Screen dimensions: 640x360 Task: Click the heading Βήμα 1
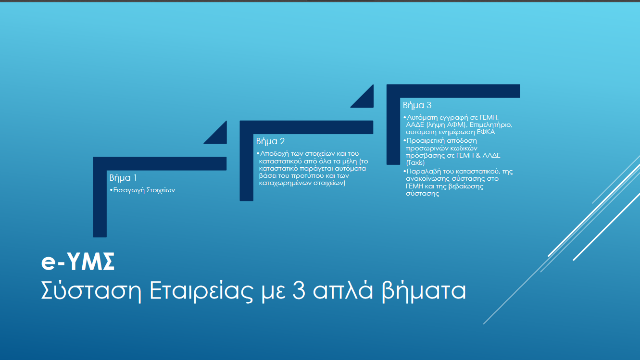[123, 178]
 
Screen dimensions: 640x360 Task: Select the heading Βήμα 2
[270, 141]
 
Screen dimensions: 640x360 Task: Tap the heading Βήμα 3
[417, 105]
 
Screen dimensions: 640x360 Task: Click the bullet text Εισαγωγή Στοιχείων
[144, 190]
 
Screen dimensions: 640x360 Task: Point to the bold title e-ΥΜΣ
[78, 261]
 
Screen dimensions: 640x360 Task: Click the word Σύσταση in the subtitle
[91, 291]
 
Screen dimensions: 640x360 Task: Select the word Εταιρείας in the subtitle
[201, 291]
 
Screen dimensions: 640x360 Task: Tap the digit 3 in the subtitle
[299, 290]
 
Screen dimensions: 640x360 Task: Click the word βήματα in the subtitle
[424, 291]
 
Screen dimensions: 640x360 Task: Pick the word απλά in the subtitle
[343, 290]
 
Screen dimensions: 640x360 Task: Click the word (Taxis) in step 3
[415, 163]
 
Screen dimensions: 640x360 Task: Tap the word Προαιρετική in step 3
[425, 141]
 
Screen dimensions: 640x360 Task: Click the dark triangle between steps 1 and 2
[219, 136]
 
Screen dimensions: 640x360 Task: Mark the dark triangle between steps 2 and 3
[366, 99]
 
